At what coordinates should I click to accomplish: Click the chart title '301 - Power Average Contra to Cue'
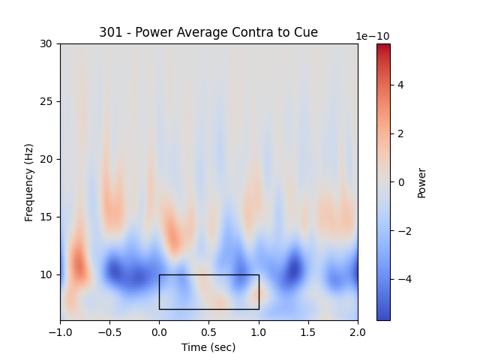coord(208,32)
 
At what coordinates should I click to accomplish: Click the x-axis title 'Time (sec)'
coord(208,347)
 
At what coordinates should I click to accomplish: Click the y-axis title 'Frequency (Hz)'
coord(29,182)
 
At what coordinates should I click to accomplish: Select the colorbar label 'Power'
coord(421,182)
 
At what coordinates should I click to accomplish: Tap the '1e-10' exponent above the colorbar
coord(373,36)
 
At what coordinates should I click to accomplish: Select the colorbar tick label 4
coord(400,85)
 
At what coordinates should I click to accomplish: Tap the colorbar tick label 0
coord(400,182)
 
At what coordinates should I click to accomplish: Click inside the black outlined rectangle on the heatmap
coord(208,292)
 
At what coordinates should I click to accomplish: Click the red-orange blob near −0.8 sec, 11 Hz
coord(79,264)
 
